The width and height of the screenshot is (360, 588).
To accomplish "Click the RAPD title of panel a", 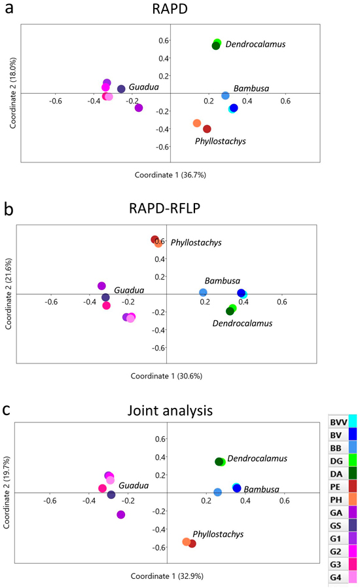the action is (x=170, y=9).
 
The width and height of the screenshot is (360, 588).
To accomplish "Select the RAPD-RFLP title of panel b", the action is (x=165, y=208).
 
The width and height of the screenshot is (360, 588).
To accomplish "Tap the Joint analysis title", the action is (x=170, y=411).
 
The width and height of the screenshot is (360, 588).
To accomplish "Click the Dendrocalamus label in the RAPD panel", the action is (x=255, y=45).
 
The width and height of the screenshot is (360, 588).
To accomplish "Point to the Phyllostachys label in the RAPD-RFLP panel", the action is (x=196, y=243).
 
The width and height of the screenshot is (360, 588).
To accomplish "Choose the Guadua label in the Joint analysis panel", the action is (x=134, y=486).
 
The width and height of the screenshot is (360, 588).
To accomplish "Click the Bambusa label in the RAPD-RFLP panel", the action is (x=223, y=281).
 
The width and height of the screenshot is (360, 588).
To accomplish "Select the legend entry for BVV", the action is (x=343, y=422).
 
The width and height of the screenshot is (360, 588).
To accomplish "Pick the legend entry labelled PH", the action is (x=343, y=500).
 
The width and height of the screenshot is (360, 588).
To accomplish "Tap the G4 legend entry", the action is (x=343, y=577).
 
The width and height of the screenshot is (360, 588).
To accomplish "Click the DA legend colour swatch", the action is (x=353, y=473).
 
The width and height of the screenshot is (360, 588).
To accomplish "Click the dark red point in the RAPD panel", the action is (x=207, y=129).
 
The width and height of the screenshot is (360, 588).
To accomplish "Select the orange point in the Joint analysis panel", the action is (x=187, y=542).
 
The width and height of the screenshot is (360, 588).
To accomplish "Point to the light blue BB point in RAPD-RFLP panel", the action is (x=203, y=293).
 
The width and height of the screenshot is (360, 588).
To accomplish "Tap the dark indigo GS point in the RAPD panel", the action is (x=121, y=89).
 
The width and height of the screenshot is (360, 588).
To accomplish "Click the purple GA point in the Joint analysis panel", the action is (x=120, y=515).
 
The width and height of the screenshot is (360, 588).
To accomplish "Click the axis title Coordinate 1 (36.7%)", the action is (x=170, y=175).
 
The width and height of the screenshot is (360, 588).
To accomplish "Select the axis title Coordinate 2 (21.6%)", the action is (x=9, y=294).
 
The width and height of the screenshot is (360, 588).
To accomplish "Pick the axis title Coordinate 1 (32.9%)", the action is (x=166, y=576).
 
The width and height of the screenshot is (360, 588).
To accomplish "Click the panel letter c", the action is (x=7, y=410).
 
